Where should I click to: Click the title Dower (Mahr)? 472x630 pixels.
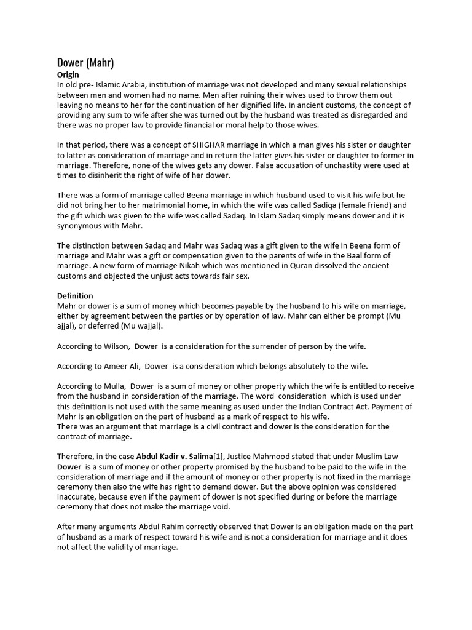point(85,62)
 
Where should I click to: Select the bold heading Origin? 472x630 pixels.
point(68,74)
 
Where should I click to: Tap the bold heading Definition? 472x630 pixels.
point(75,296)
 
